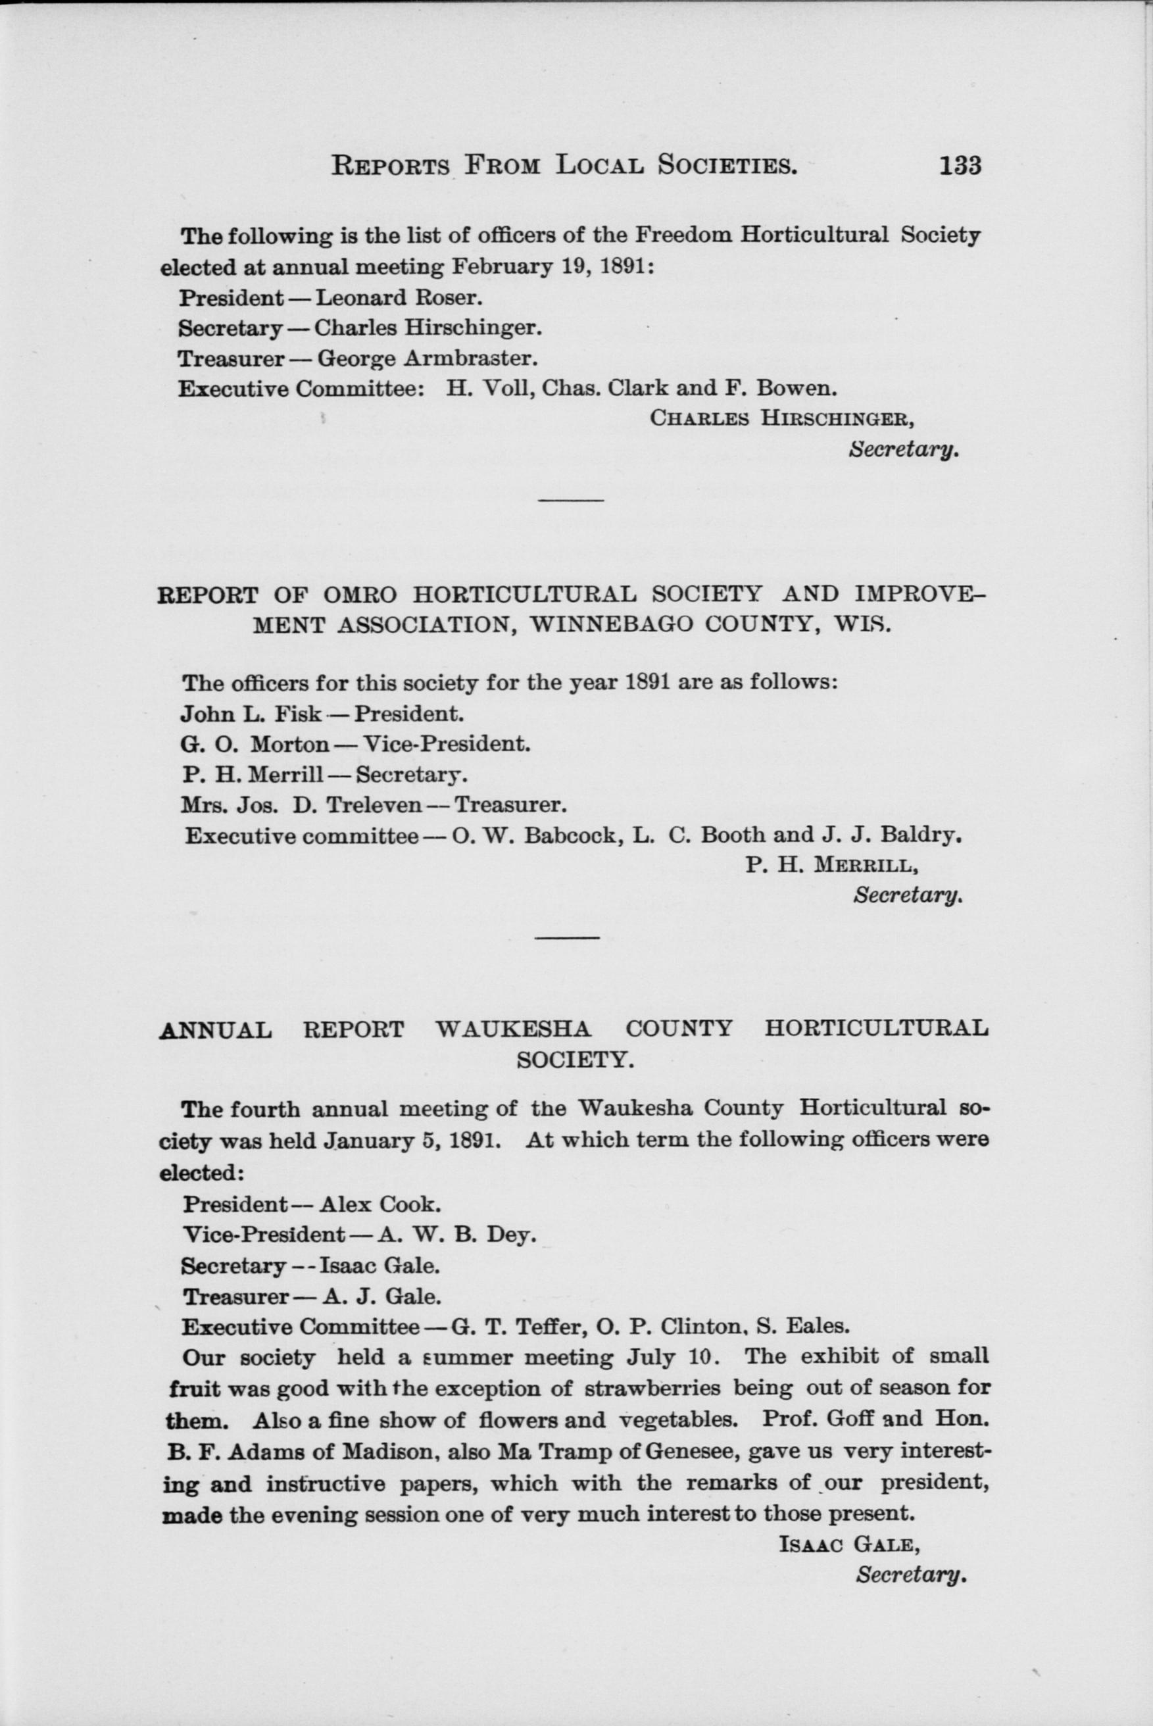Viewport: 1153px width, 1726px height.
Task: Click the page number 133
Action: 959,166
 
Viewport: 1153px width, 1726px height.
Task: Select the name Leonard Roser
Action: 399,297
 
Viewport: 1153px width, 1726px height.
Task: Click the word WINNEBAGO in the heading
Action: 608,624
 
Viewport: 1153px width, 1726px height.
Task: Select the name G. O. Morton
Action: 254,744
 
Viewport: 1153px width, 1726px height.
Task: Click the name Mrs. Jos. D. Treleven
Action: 301,805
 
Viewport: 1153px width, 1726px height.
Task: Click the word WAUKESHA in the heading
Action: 513,1028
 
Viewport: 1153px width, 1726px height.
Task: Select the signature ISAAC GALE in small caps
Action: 848,1544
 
